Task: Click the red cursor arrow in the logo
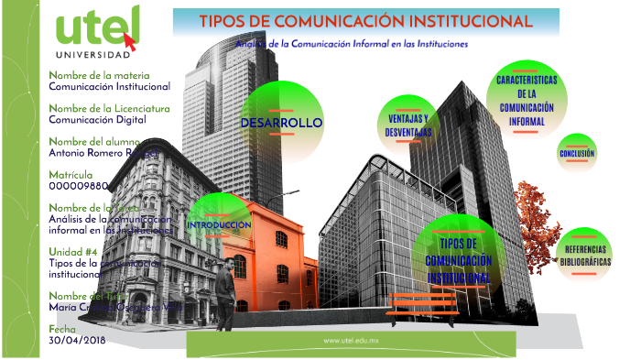(x=132, y=39)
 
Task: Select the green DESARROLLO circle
(x=280, y=123)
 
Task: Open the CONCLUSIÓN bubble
(x=577, y=153)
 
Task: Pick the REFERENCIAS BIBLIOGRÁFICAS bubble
(x=587, y=256)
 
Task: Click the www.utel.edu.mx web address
(x=351, y=341)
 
